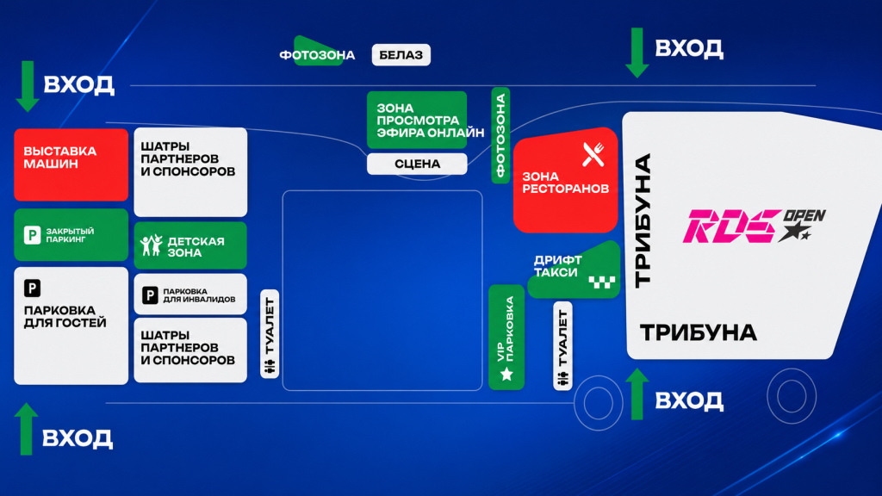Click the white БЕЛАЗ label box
point(401,55)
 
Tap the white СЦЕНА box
point(417,164)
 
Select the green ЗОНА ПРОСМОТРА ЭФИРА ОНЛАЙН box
point(417,120)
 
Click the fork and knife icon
point(593,154)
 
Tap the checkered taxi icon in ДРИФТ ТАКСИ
point(602,282)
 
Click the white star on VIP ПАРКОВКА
point(506,374)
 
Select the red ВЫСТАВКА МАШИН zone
point(71,164)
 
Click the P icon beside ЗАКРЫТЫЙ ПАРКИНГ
point(32,234)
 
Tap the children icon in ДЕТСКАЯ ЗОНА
point(152,245)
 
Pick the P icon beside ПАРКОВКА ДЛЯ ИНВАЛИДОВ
point(150,295)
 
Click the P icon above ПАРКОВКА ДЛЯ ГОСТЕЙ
point(32,288)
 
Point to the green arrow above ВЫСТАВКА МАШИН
point(27,86)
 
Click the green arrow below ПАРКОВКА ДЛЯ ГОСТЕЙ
point(26,429)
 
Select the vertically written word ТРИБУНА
point(643,220)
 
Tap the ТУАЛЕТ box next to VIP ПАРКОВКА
point(562,346)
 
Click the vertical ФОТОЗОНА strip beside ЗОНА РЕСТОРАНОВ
point(500,135)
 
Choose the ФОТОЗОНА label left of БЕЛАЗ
point(317,54)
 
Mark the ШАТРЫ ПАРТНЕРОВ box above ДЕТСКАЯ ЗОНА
point(190,172)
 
